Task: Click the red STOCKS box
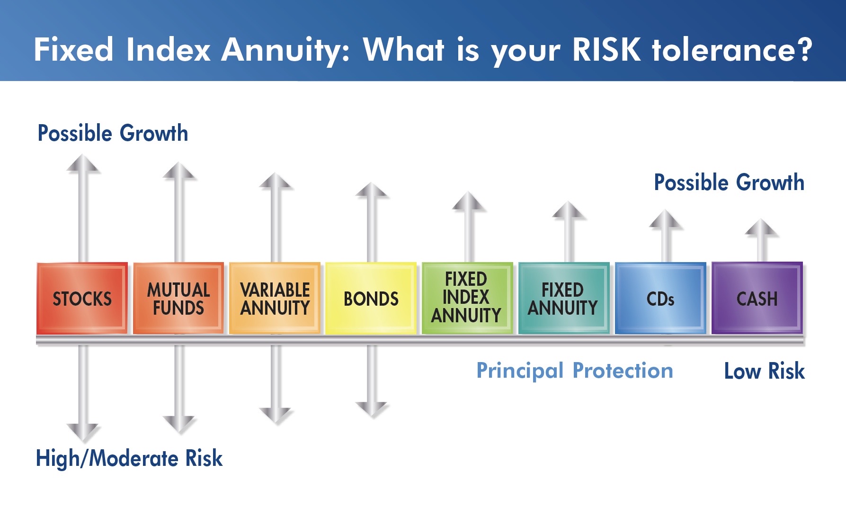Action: (82, 298)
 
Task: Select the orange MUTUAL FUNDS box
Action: (178, 298)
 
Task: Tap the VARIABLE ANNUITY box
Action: (275, 298)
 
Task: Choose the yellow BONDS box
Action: (371, 298)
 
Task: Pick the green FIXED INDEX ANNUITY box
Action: (467, 298)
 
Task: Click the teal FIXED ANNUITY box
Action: (564, 298)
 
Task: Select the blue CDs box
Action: (660, 298)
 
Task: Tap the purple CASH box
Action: (757, 298)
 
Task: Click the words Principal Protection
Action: (575, 371)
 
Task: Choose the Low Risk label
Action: (765, 371)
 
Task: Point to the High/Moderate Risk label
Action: (129, 459)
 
